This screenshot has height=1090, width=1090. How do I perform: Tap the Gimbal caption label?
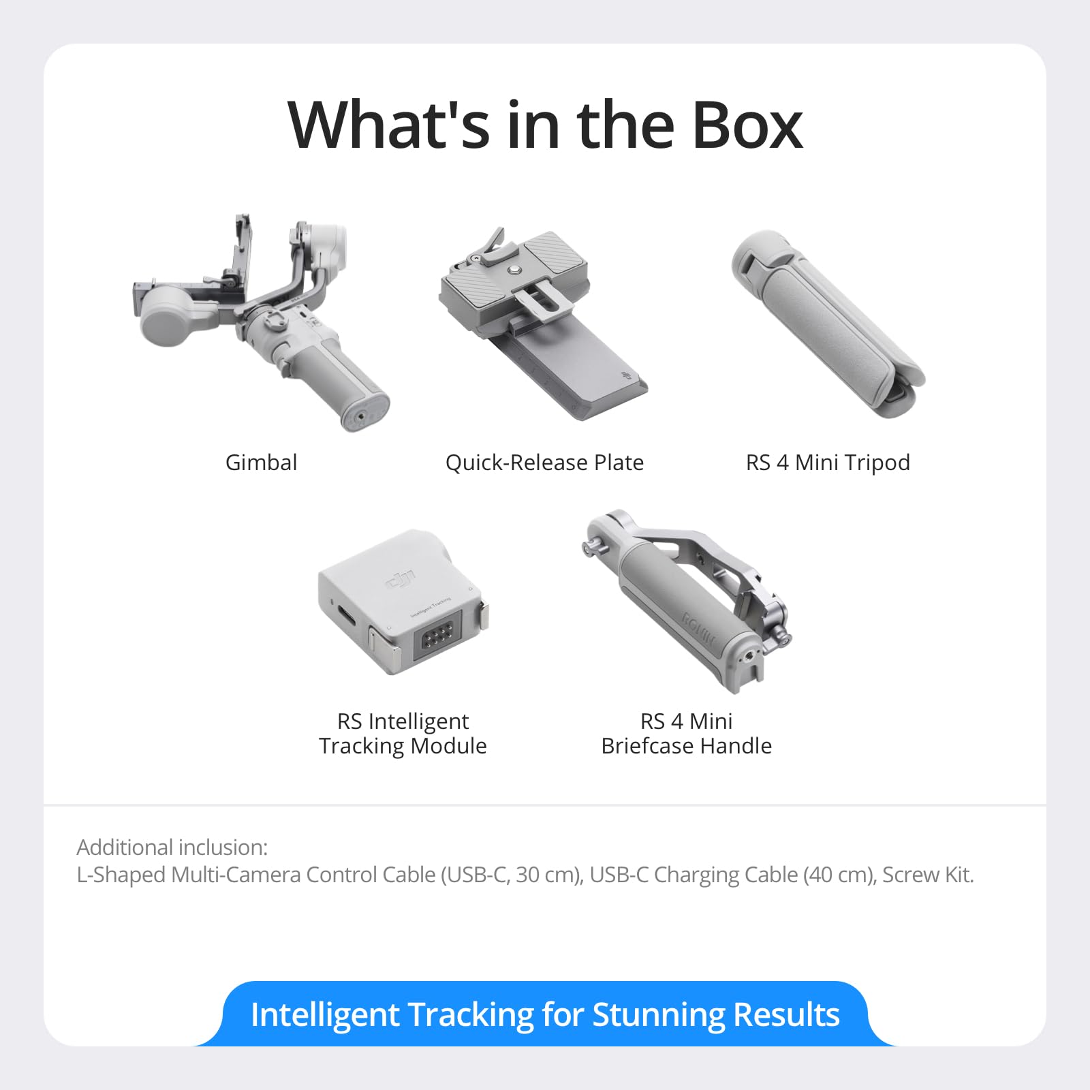[261, 463]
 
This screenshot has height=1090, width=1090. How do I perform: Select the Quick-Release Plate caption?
[544, 463]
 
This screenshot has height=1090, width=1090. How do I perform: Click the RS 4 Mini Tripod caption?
[828, 463]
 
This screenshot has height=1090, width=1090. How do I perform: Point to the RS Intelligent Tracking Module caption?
[403, 734]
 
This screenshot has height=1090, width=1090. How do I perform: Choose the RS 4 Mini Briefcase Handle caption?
[686, 734]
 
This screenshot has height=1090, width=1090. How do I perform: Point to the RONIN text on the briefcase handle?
[699, 629]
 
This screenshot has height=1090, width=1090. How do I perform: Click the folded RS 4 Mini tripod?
[828, 320]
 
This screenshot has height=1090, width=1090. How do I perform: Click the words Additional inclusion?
[172, 847]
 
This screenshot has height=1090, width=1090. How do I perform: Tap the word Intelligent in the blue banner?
[324, 1014]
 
